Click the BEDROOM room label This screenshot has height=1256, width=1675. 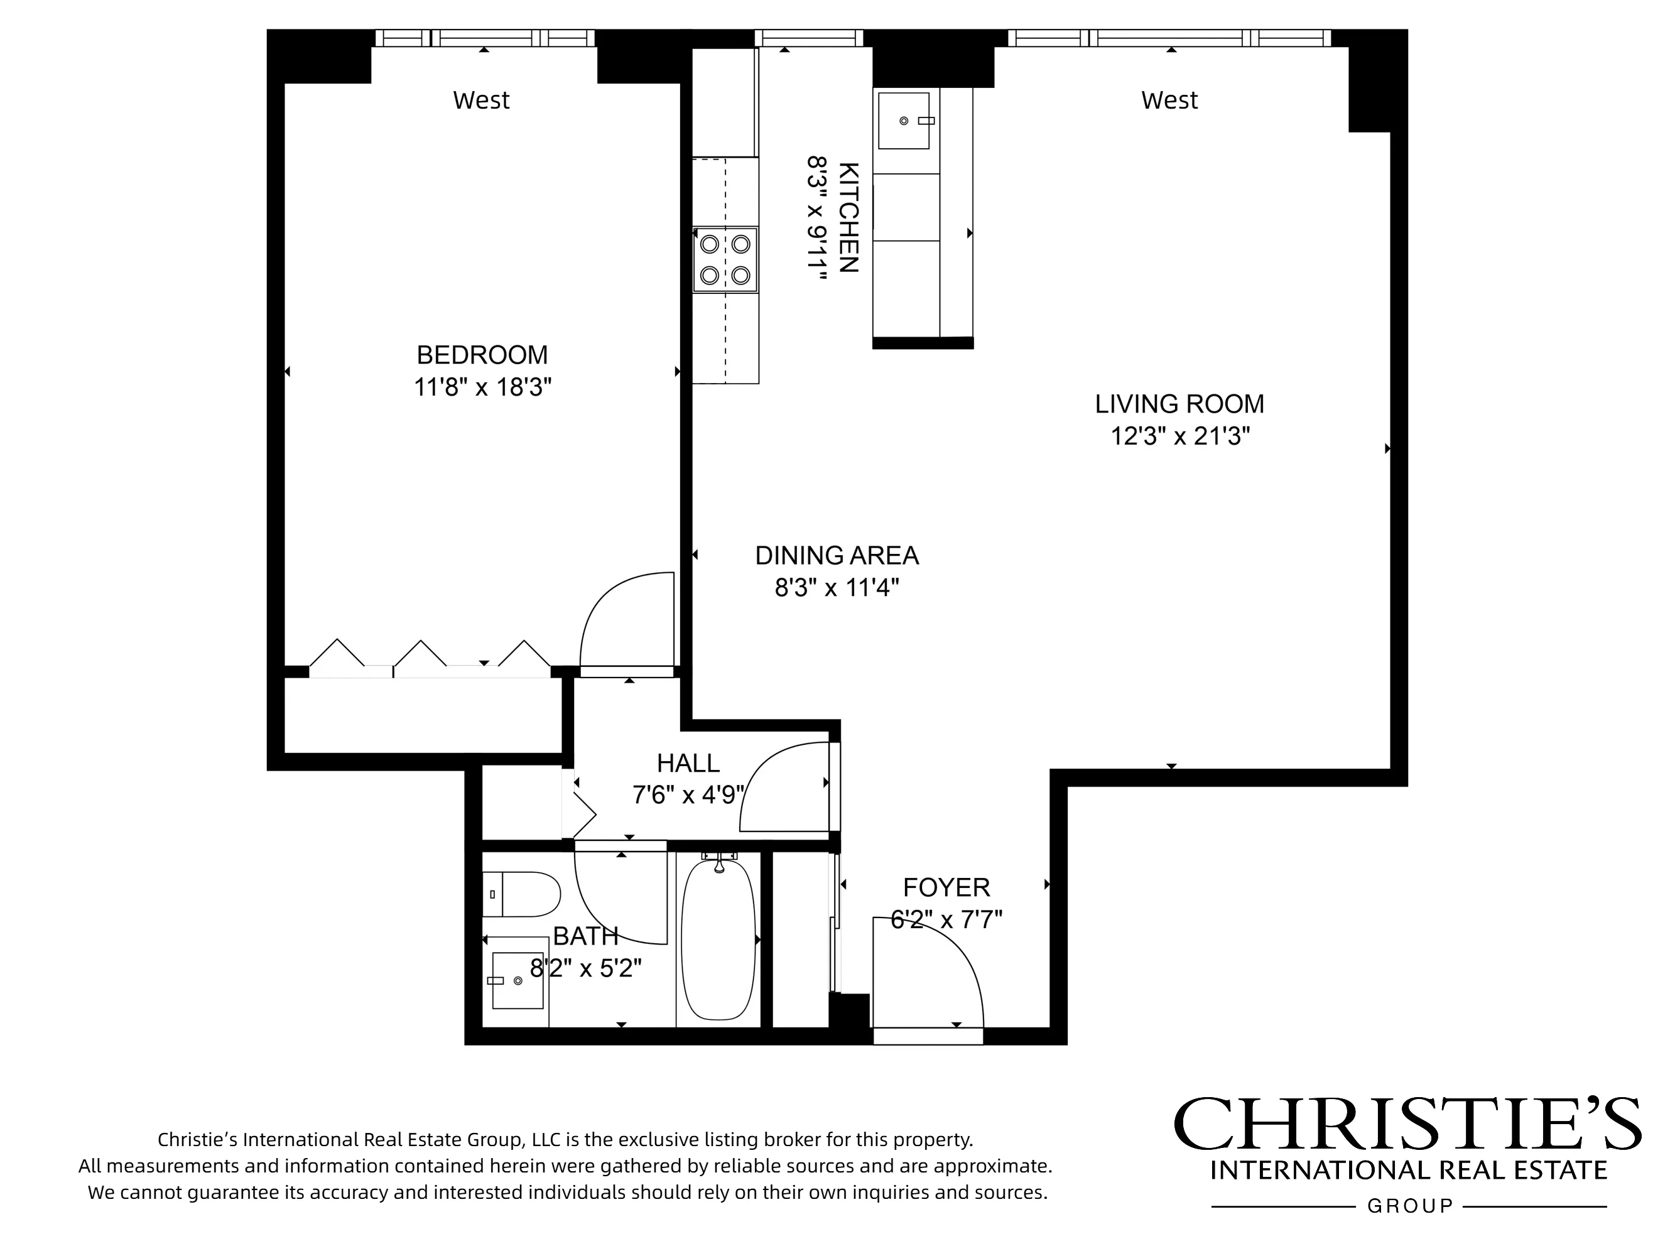[482, 354]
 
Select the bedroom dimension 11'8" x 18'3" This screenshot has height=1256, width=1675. [482, 387]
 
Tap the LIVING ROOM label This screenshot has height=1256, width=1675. [1179, 404]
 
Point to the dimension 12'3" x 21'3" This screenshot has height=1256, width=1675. [1179, 436]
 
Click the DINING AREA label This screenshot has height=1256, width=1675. [836, 555]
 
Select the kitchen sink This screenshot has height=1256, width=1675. [905, 121]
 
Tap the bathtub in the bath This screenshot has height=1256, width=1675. [718, 939]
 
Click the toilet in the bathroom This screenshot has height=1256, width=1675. [523, 894]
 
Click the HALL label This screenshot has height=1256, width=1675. [688, 762]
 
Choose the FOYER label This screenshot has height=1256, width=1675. [946, 887]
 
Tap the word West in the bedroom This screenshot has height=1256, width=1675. [481, 100]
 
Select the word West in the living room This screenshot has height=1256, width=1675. [1169, 100]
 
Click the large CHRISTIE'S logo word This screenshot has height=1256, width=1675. [1407, 1124]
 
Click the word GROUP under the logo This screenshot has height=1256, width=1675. [1410, 1206]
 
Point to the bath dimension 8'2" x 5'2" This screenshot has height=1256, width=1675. [585, 968]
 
